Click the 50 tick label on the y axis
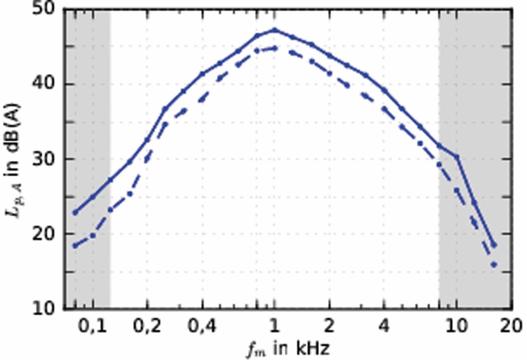coord(47,11)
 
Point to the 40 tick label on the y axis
coord(47,84)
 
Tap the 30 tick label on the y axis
coord(47,159)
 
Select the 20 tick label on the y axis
coord(47,234)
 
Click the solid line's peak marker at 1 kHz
coord(274,30)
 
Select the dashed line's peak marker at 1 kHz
coord(274,48)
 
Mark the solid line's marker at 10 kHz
coord(456,157)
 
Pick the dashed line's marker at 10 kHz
coord(456,190)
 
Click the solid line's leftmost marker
coord(75,212)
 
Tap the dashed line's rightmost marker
coord(494,264)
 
